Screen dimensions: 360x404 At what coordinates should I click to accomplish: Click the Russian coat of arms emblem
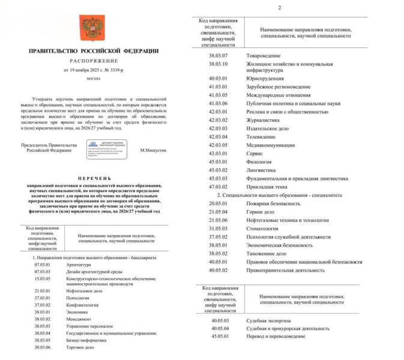(92, 27)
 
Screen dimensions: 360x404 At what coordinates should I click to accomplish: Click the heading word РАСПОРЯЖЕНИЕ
(92, 61)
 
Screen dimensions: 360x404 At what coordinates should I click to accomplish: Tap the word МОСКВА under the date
(92, 79)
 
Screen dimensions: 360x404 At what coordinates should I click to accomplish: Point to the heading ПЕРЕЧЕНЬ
(92, 179)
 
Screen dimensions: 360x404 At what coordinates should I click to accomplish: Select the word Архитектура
(79, 265)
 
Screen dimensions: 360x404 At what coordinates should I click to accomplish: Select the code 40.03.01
(219, 78)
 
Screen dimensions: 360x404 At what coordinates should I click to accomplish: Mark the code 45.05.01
(220, 336)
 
